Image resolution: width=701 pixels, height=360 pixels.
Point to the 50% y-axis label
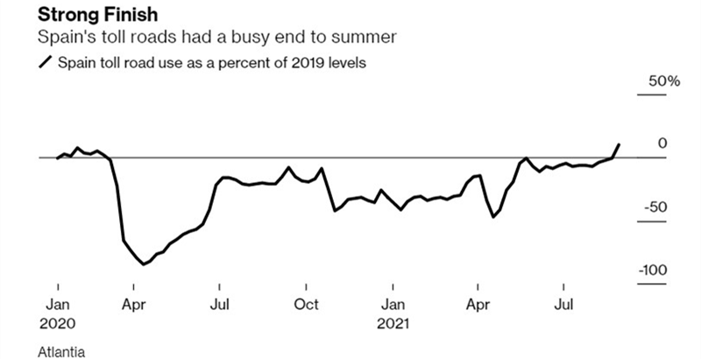(663, 81)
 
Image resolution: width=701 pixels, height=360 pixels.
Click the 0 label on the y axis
(662, 144)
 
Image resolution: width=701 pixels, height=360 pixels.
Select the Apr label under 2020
(133, 305)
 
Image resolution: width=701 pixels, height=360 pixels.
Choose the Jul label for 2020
(220, 305)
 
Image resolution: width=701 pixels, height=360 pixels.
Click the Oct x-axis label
(306, 305)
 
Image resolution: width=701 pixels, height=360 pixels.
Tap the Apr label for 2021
(478, 305)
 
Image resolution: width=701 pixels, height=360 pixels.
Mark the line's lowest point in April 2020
(143, 264)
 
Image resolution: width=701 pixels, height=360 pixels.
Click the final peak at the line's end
(620, 144)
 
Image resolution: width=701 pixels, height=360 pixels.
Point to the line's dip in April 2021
(494, 216)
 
